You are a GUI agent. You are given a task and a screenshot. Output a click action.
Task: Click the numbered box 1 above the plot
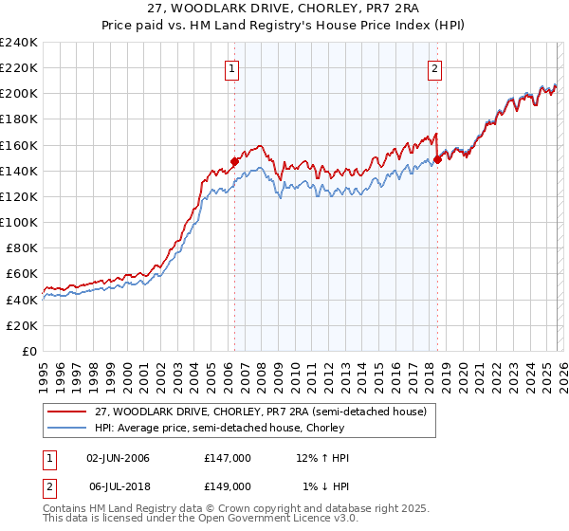coord(232,68)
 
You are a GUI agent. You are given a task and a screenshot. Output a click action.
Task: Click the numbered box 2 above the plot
coord(434,68)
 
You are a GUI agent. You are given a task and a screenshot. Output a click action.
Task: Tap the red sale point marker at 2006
coord(234,162)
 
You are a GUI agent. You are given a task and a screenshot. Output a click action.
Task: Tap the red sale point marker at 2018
coord(437,159)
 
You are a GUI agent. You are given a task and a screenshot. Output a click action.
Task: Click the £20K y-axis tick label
coord(23,325)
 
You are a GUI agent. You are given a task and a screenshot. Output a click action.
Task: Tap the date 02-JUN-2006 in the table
coord(118,459)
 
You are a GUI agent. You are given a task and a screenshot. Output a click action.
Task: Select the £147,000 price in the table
coord(227,459)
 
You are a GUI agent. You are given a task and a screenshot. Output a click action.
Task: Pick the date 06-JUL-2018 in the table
coord(118,485)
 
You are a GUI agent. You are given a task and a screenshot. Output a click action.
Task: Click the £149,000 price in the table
coord(227,485)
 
